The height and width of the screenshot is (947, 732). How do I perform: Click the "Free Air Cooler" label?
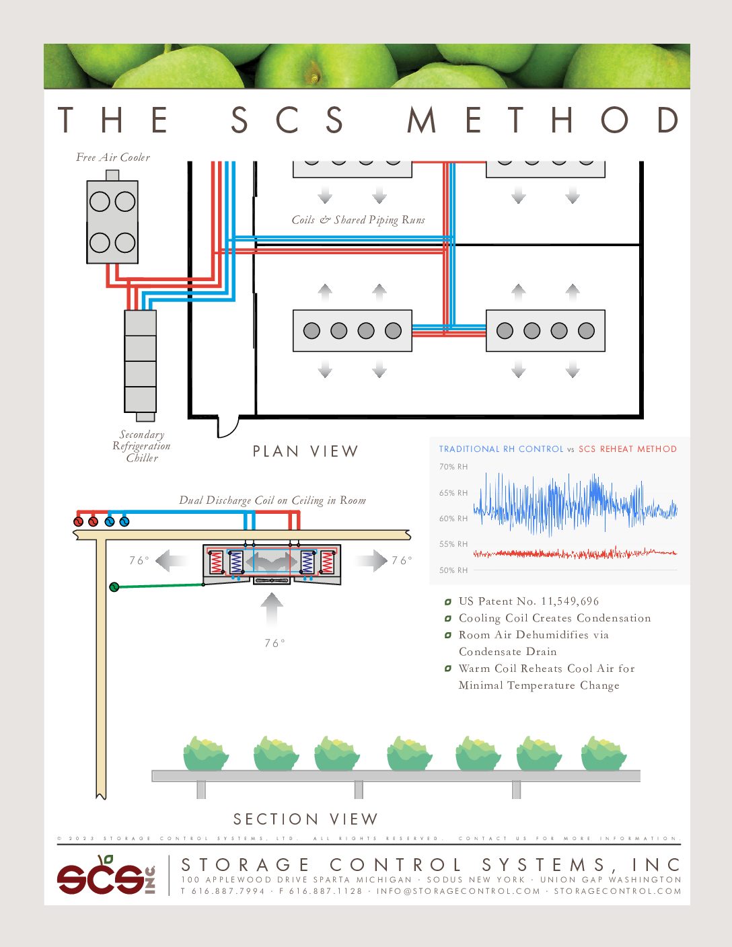tap(113, 157)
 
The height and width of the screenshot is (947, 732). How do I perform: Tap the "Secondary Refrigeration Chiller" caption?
tap(141, 446)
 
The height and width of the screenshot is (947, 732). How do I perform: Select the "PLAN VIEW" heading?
tap(305, 451)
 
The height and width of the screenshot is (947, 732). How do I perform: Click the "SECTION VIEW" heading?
tap(305, 819)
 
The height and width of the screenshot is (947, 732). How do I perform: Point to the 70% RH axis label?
tap(453, 467)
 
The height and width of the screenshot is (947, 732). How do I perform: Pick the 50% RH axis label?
tap(453, 570)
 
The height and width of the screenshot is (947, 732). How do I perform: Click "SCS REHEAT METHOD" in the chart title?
tap(628, 449)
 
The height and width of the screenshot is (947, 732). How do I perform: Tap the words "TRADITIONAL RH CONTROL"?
tap(501, 449)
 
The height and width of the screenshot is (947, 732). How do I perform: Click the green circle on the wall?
tap(114, 586)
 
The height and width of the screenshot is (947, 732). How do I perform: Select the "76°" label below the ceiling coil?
tap(274, 644)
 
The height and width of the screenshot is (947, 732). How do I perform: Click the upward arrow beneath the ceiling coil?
tap(272, 609)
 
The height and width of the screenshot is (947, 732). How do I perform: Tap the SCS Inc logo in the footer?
tap(106, 875)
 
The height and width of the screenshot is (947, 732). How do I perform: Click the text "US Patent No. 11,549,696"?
tap(528, 601)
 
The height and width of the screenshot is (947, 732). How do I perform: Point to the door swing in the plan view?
tap(228, 427)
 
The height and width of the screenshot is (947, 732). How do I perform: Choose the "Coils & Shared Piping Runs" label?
tap(358, 220)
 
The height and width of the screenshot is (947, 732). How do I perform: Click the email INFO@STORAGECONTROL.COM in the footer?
tap(458, 891)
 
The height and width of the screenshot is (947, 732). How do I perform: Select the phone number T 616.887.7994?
tap(223, 891)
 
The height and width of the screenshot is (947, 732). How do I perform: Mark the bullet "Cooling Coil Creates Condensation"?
tap(554, 618)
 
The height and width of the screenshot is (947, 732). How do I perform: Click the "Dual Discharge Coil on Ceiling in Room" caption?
tap(272, 500)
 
